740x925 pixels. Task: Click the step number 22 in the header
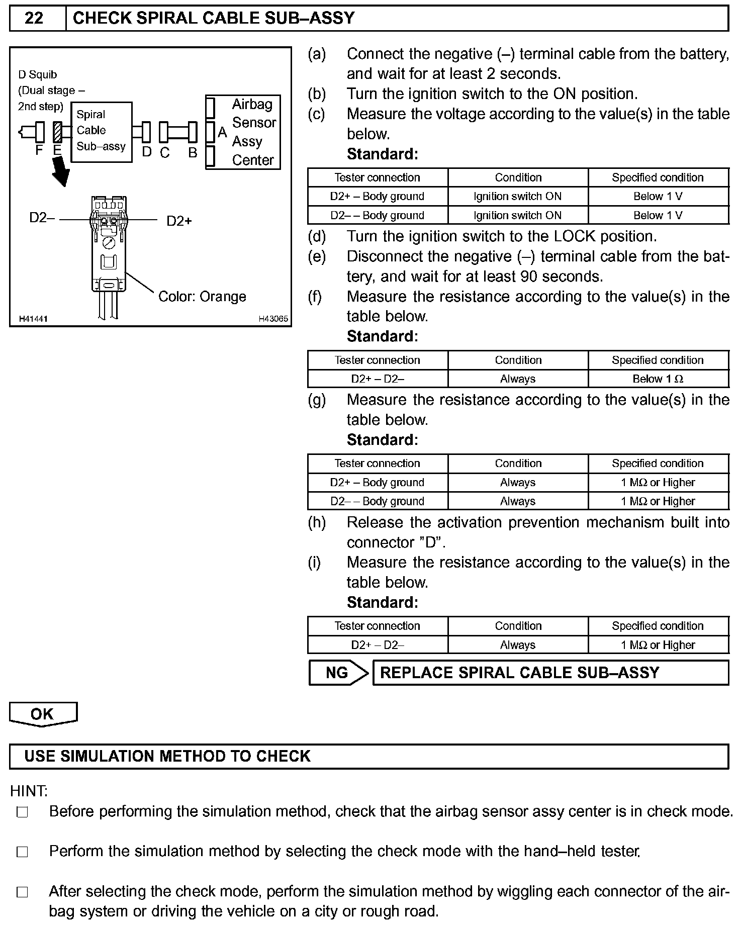34,19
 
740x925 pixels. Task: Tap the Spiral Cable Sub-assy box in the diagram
101,132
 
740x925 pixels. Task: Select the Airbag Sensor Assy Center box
243,132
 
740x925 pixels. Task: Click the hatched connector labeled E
57,132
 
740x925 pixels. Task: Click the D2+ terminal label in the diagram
179,221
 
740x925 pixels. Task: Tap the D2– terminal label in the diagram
42,218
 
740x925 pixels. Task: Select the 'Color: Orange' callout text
202,297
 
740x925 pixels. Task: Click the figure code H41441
33,319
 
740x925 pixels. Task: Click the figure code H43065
273,319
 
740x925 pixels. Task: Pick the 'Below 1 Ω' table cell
658,379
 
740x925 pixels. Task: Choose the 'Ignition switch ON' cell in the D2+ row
518,197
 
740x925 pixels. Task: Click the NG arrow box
337,673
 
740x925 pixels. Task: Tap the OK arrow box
43,714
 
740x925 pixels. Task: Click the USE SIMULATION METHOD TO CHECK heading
167,757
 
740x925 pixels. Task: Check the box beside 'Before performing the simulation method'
22,812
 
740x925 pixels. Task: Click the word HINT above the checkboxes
29,791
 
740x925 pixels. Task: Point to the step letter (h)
317,523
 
